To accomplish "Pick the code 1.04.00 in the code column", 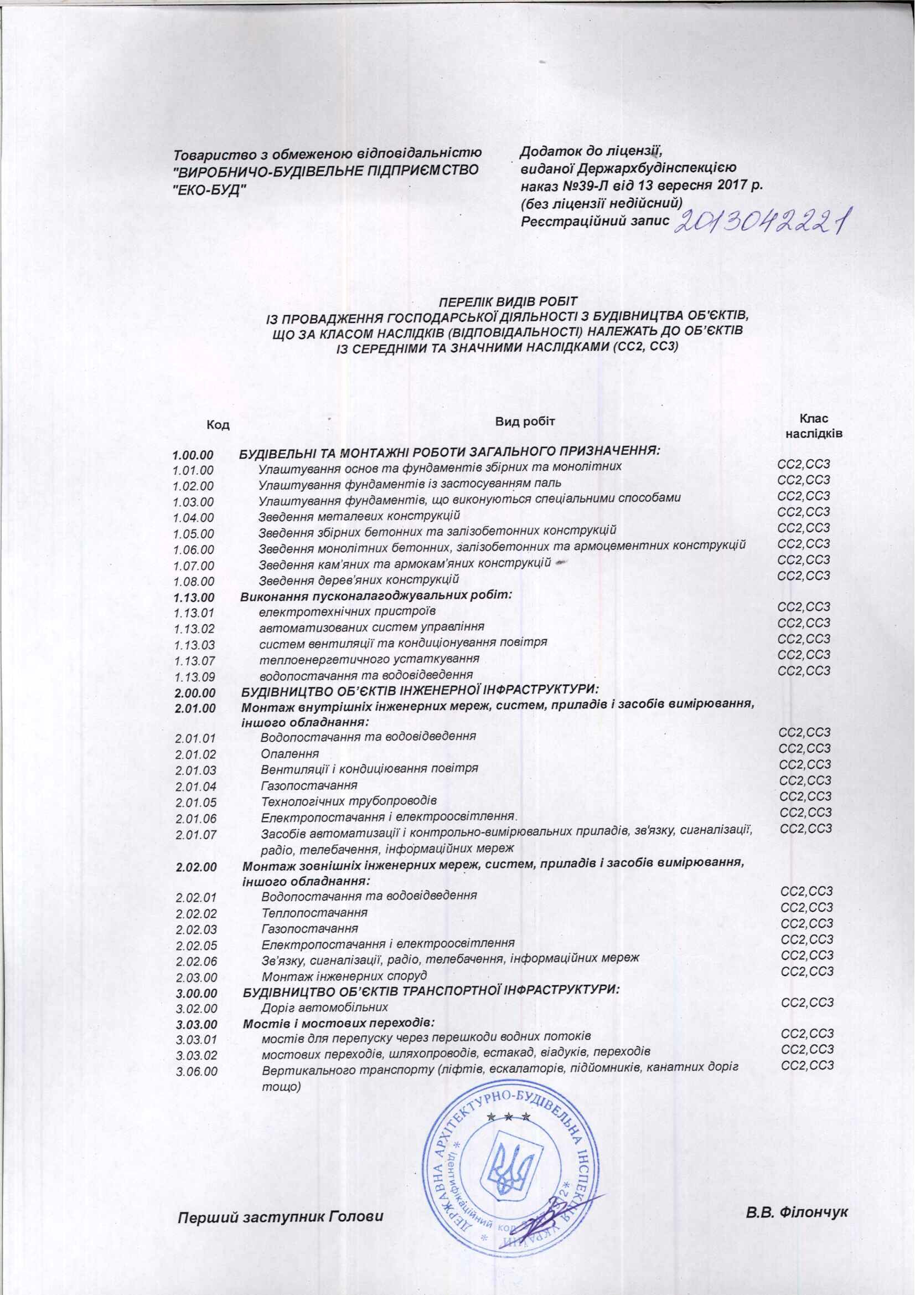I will coord(193,517).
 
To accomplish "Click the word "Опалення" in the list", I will coord(290,754).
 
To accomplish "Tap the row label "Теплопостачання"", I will coord(314,913).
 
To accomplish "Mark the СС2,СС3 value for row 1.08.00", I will coord(803,576).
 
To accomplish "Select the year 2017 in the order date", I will coord(731,185).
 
